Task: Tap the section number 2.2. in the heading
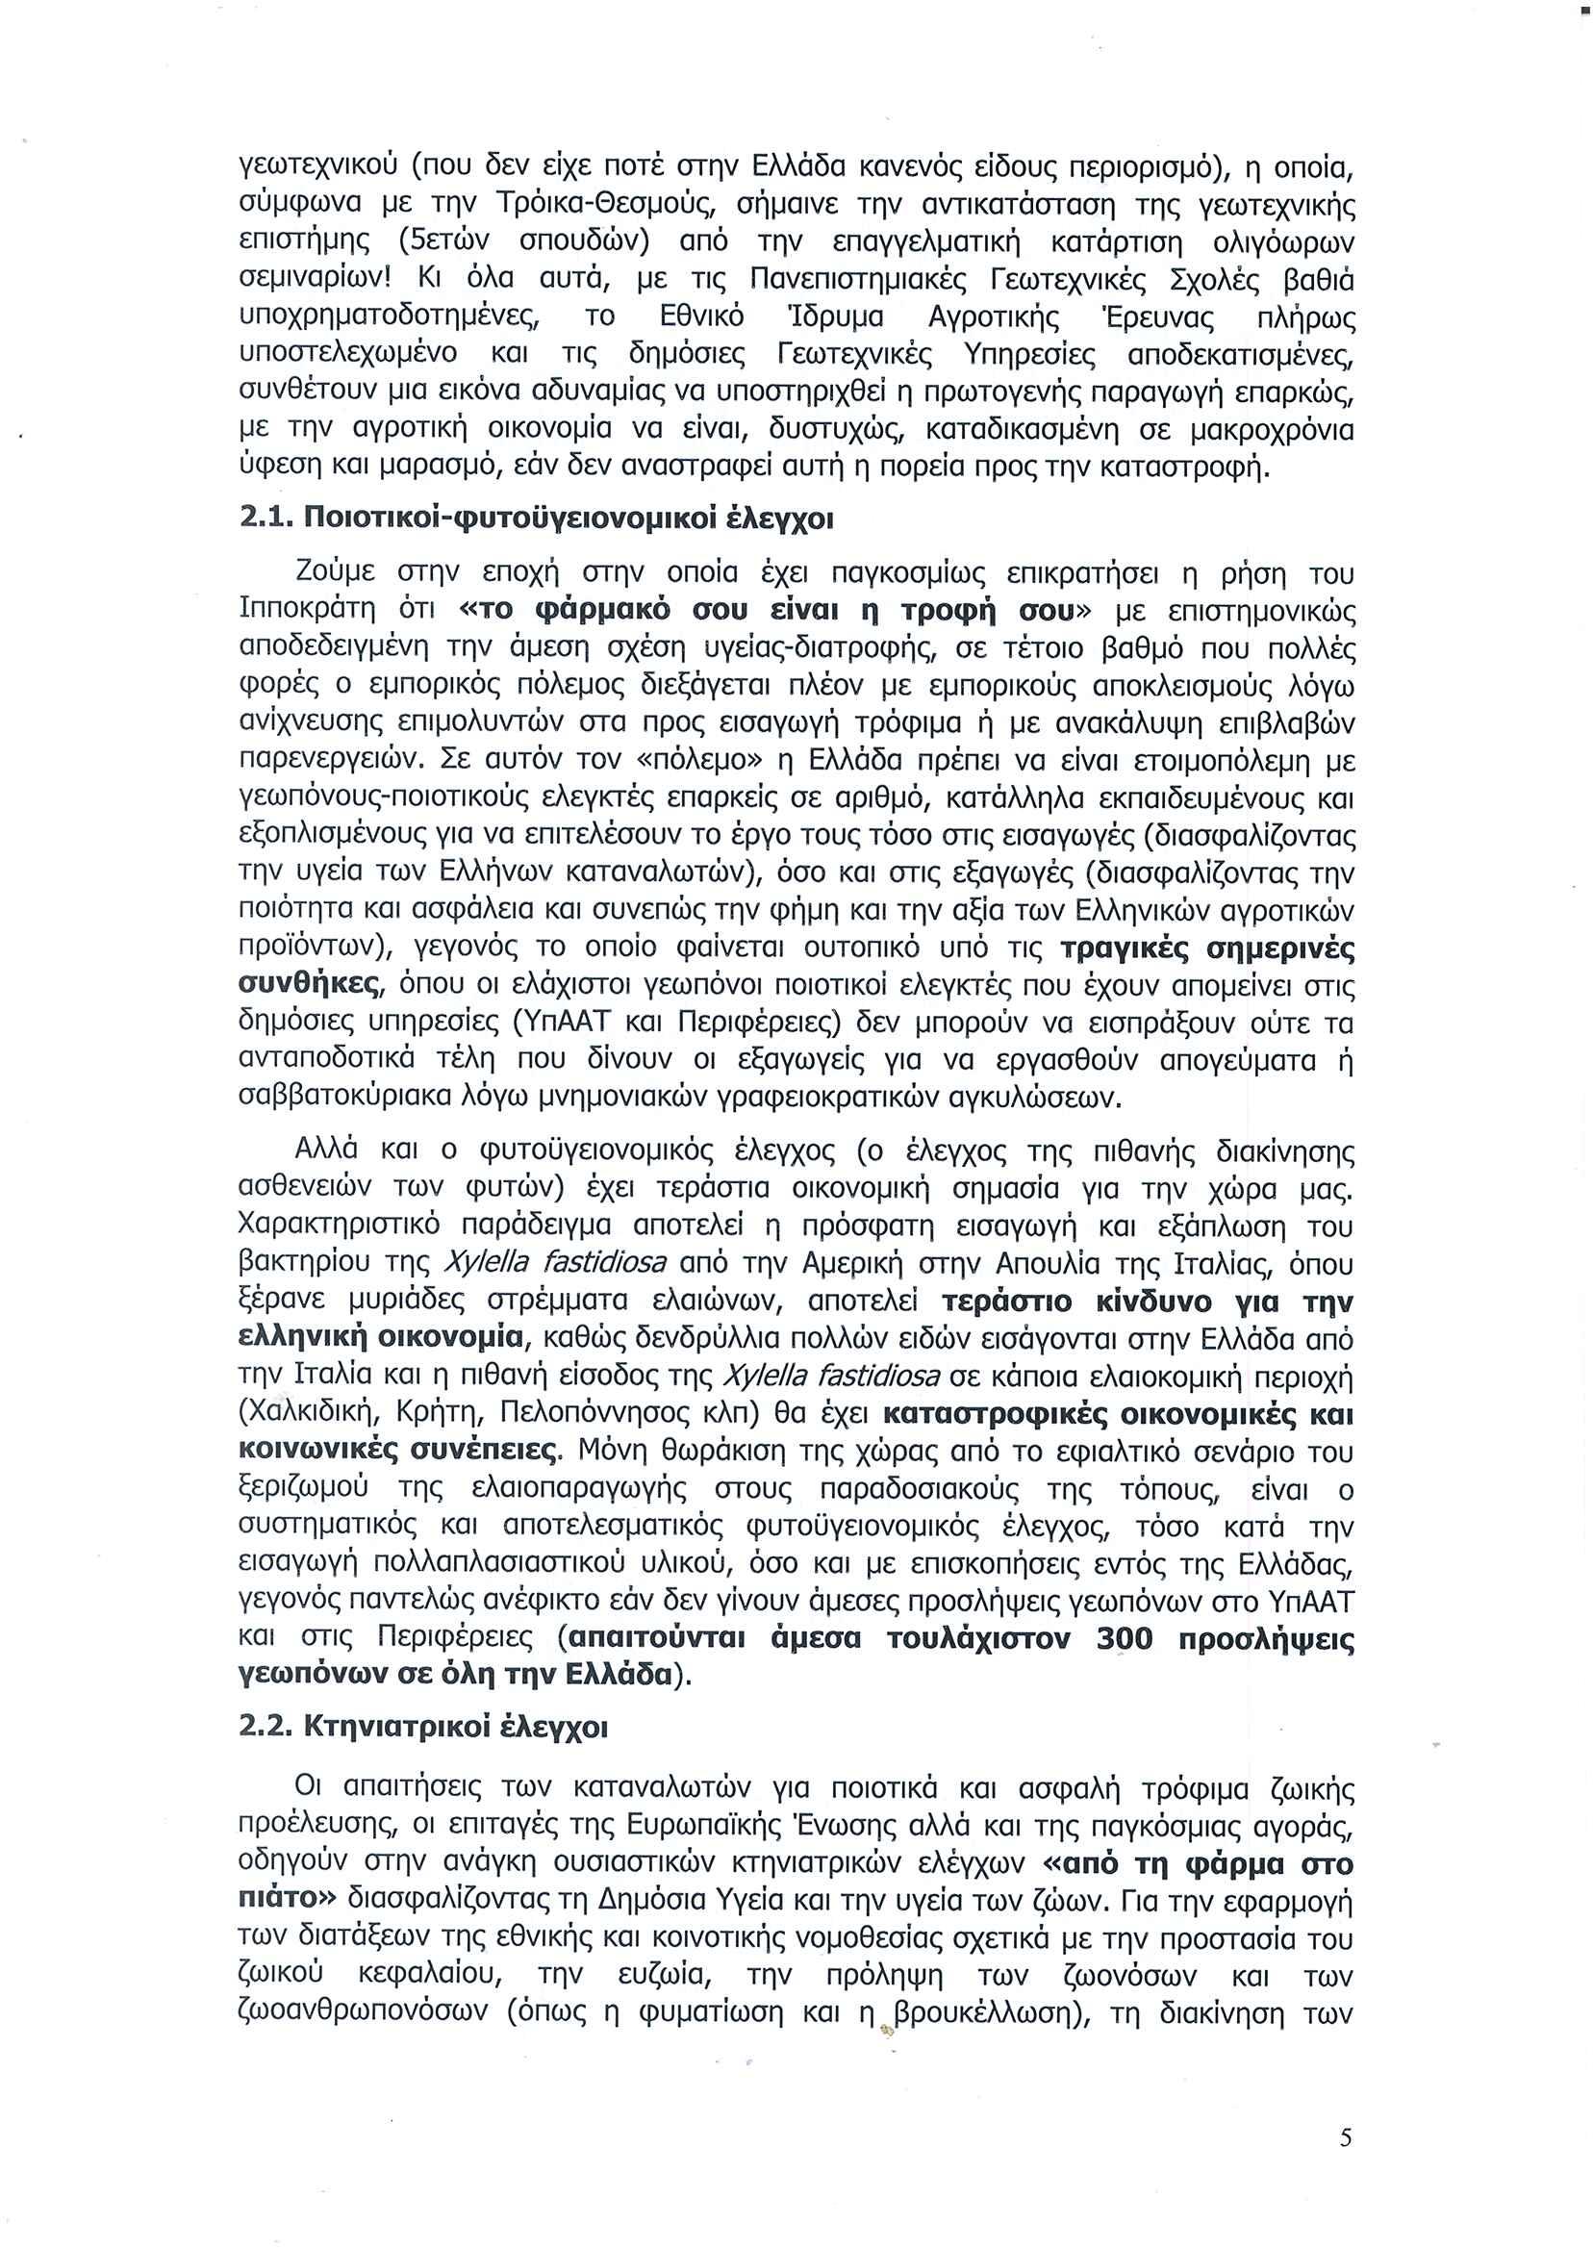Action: [266, 1728]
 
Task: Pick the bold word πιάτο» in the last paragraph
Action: [288, 1900]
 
